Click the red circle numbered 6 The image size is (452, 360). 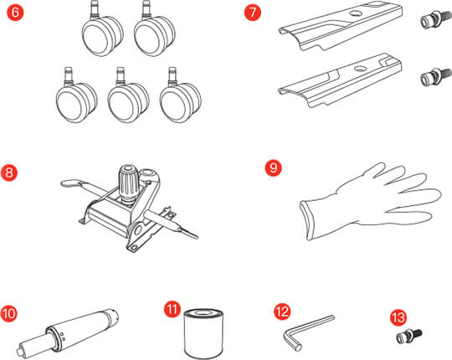pos(15,13)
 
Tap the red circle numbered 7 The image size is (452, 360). pos(252,13)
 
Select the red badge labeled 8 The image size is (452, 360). pos(9,172)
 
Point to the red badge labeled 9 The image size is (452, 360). pos(273,167)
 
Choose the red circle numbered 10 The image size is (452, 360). pos(8,313)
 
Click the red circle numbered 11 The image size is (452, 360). pos(172,310)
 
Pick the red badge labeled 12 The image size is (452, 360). pos(282,311)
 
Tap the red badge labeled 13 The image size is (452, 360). pos(398,317)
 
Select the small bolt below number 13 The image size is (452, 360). pos(409,336)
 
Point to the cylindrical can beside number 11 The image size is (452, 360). pos(203,334)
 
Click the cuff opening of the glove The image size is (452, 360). pos(306,220)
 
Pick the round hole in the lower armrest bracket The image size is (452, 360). pos(360,69)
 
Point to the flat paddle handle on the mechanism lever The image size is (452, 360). pos(70,183)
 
